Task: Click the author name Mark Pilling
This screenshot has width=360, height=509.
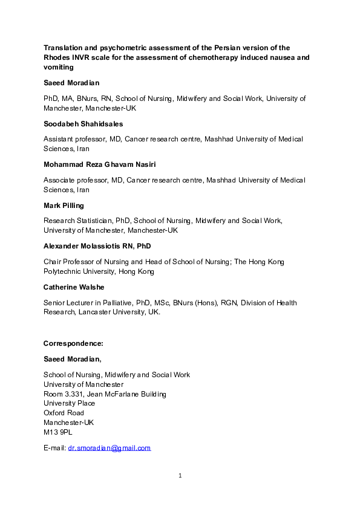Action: [x=64, y=206]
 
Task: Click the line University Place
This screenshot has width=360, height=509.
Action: [x=69, y=403]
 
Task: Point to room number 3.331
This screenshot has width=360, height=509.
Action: [x=76, y=394]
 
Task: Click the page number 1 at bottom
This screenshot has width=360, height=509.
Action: [x=180, y=476]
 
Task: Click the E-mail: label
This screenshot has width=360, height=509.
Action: [x=54, y=448]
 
